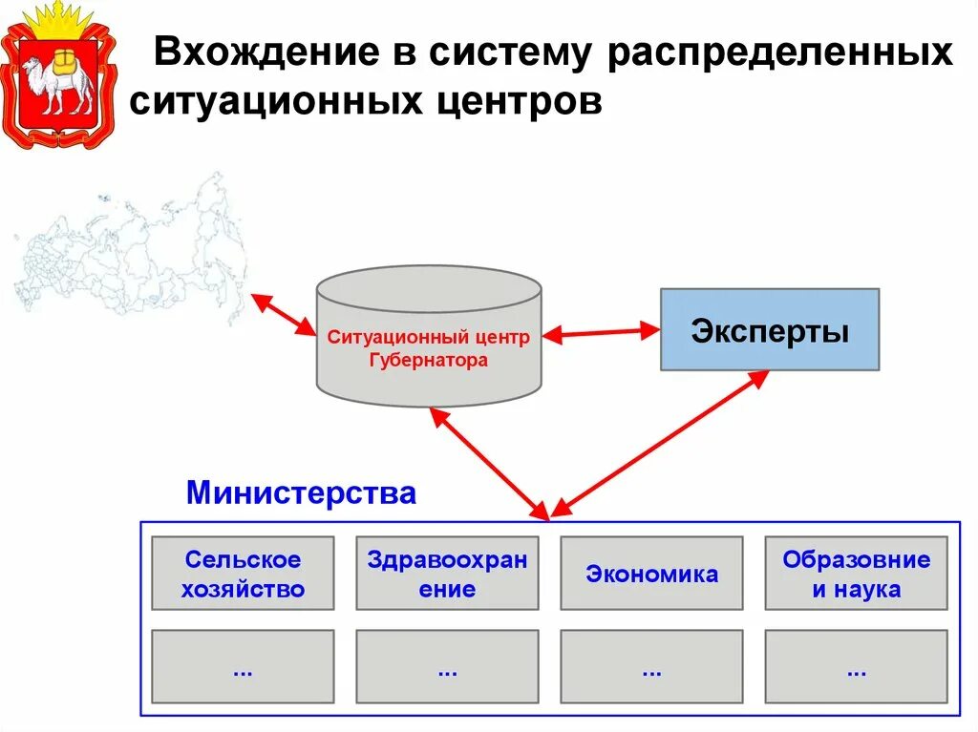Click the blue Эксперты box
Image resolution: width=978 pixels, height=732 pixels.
(x=769, y=329)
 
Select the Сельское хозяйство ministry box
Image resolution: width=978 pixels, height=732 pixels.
(x=243, y=573)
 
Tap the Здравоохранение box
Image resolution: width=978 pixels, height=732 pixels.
(x=447, y=573)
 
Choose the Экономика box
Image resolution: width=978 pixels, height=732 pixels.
(x=651, y=573)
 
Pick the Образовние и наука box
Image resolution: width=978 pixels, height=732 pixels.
(x=856, y=573)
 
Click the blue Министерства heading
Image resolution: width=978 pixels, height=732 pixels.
(x=301, y=493)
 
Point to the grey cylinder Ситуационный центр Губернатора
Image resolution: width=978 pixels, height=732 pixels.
(x=429, y=344)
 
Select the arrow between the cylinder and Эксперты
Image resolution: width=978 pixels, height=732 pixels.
(x=601, y=333)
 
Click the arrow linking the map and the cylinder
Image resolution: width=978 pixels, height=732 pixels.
(x=283, y=314)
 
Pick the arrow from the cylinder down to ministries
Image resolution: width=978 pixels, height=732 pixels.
(x=488, y=462)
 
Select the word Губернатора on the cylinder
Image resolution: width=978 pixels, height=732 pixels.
(x=429, y=361)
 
